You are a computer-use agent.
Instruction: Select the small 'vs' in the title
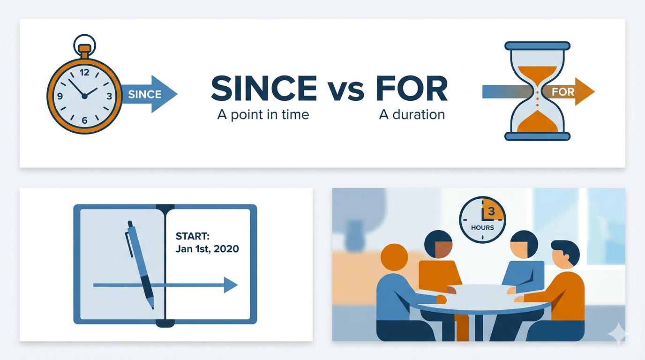tap(345, 90)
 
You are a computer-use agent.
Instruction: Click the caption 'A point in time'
tap(263, 114)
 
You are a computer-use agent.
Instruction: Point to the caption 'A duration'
tap(412, 114)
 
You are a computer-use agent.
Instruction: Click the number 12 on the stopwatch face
tap(84, 73)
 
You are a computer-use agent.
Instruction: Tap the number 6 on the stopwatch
tap(84, 120)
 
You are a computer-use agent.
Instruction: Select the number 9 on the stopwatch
tap(60, 97)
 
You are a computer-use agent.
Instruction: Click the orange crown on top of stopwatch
tap(84, 49)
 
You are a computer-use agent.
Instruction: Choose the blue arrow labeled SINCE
tap(150, 94)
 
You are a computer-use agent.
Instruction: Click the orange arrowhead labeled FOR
tap(583, 91)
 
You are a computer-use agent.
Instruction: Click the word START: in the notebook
tap(192, 236)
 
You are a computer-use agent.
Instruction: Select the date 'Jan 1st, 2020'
tap(207, 249)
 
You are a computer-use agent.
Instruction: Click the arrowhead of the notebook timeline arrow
tap(230, 285)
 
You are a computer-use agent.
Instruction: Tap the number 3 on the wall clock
tap(491, 211)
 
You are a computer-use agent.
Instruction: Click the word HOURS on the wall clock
tap(483, 227)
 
